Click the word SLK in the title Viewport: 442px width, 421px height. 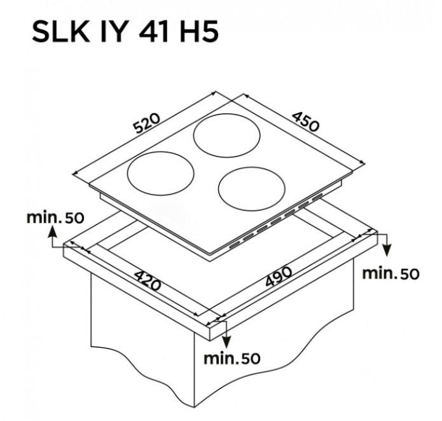(60, 32)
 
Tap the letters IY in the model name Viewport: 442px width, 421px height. (113, 32)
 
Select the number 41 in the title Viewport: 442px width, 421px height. (154, 32)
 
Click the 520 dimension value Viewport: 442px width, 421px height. (147, 123)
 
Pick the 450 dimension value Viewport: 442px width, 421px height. (305, 121)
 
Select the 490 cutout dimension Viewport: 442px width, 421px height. (279, 276)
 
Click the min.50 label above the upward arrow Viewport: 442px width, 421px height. (55, 217)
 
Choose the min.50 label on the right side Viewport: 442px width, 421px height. (390, 273)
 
